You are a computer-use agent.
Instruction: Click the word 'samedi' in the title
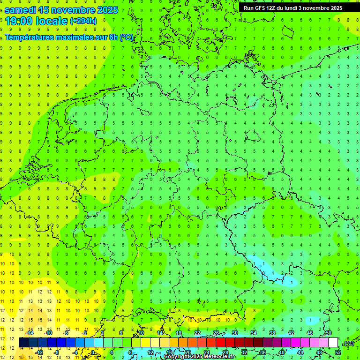click(x=20, y=10)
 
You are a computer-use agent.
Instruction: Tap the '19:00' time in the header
click(x=17, y=21)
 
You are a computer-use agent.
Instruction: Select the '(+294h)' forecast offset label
click(x=83, y=21)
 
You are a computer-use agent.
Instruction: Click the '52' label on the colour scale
click(x=338, y=352)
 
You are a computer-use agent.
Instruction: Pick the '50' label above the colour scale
click(x=329, y=333)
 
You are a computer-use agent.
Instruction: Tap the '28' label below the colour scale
click(x=225, y=352)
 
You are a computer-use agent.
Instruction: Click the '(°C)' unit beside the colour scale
click(x=348, y=343)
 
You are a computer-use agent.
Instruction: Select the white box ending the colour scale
click(x=333, y=343)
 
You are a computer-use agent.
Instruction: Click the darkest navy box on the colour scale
click(x=23, y=343)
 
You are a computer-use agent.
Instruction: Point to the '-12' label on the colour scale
click(x=40, y=352)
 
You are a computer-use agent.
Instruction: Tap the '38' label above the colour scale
click(x=272, y=333)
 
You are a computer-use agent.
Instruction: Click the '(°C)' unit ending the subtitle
click(x=126, y=37)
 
